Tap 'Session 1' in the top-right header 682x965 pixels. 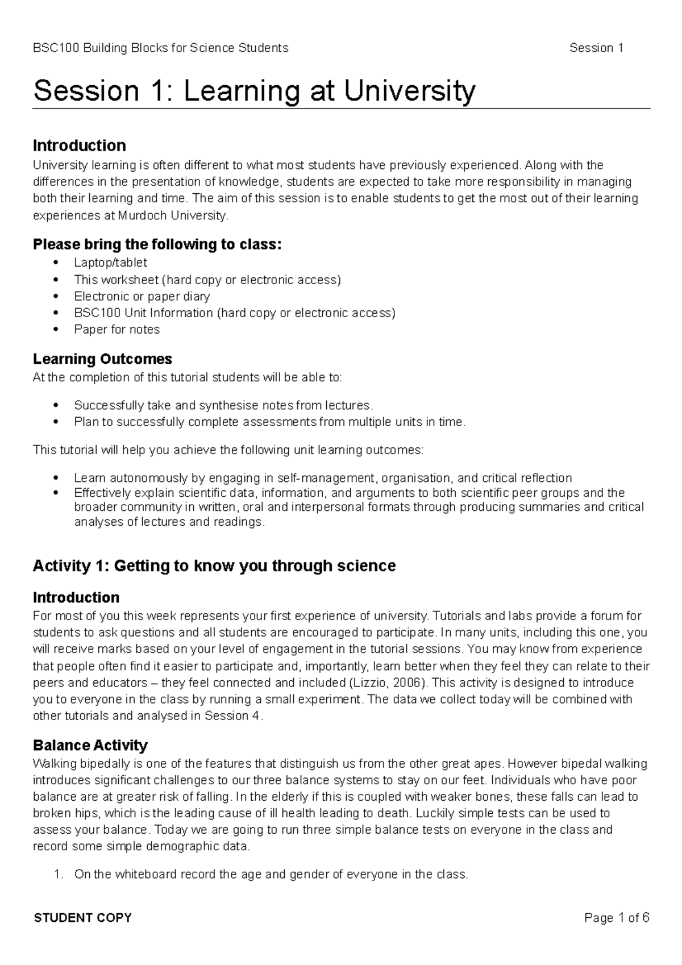(596, 48)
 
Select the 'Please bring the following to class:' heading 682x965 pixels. (157, 244)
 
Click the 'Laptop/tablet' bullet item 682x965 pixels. (110, 263)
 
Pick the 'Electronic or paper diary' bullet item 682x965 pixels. (142, 296)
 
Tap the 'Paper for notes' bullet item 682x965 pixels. (117, 330)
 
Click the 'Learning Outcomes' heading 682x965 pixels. (102, 359)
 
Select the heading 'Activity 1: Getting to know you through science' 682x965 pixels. (214, 566)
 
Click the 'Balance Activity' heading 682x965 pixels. (90, 745)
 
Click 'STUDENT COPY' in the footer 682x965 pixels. (83, 918)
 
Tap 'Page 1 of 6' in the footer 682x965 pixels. (617, 918)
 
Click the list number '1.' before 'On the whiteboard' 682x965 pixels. (57, 875)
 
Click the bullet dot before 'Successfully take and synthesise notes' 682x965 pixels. (55, 406)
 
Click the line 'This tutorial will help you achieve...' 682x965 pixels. (228, 450)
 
